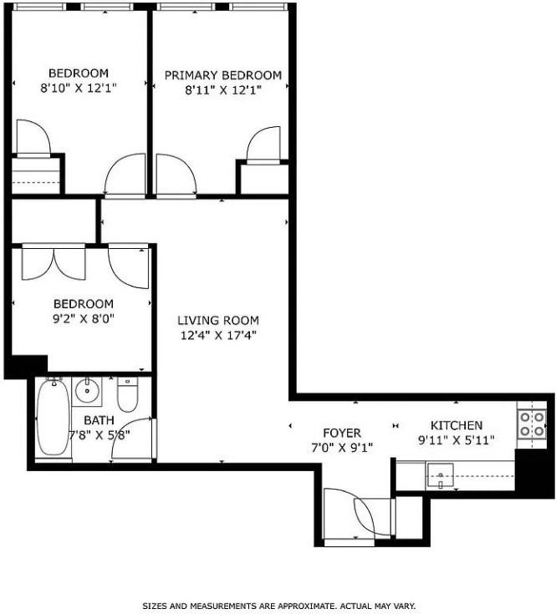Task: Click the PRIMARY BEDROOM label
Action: (223, 75)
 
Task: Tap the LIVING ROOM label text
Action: (218, 320)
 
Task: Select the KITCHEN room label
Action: (457, 425)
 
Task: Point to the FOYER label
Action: (342, 433)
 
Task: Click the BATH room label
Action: (99, 420)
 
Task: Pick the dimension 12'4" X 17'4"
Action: (218, 336)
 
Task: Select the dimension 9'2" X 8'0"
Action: (84, 319)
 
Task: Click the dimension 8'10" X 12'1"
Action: (79, 88)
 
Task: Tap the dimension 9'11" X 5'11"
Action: (457, 440)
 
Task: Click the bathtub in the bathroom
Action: (54, 419)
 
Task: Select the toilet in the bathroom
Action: (127, 395)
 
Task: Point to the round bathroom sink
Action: (87, 391)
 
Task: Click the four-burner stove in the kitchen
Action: (532, 424)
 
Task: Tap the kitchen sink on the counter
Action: (441, 475)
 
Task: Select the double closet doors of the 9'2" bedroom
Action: (54, 263)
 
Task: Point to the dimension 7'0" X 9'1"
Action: (342, 448)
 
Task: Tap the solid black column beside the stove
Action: (531, 473)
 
